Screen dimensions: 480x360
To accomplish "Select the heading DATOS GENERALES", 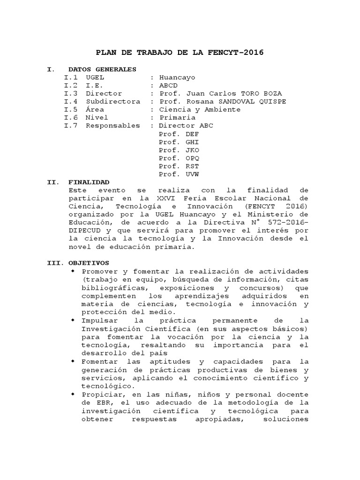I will click(102, 69).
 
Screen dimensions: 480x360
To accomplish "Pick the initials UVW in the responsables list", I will click(192, 174).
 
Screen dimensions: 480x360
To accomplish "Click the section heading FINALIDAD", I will click(89, 182).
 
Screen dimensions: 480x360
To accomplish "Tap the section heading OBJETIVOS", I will click(89, 263).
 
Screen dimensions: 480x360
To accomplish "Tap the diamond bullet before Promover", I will click(73, 271).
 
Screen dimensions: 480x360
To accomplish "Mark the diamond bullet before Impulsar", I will click(73, 320).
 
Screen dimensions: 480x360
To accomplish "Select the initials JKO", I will click(192, 150).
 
